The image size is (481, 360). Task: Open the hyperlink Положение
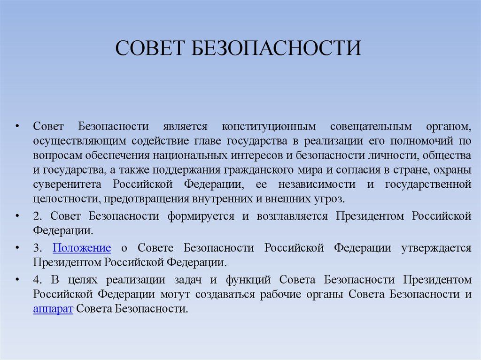[x=82, y=248]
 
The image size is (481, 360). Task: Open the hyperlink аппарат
[x=53, y=309]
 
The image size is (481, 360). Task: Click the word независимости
[x=317, y=184]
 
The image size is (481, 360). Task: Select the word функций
[x=248, y=280]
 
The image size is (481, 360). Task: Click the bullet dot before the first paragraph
[x=17, y=127]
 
